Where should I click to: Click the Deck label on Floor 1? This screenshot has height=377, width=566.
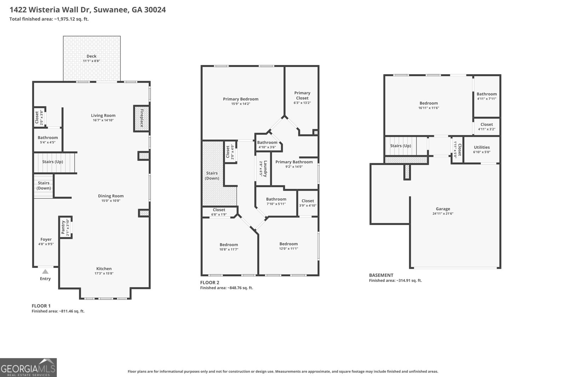tap(91, 56)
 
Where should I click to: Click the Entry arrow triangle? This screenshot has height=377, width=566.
tap(45, 272)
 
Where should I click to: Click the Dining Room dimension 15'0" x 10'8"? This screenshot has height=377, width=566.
tap(111, 201)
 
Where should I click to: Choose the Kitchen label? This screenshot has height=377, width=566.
tap(104, 269)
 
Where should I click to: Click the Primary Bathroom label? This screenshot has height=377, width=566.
tap(294, 162)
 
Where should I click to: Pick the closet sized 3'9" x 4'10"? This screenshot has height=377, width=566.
tap(307, 203)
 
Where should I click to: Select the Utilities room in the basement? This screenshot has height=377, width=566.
tap(481, 149)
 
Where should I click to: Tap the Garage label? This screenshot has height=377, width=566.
tap(443, 209)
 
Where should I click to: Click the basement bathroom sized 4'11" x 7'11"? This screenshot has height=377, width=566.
tap(486, 96)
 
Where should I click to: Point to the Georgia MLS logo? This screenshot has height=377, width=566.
tap(28, 367)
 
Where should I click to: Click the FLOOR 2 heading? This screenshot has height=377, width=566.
tap(210, 282)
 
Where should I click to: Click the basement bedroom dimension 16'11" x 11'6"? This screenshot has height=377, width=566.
tap(428, 108)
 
